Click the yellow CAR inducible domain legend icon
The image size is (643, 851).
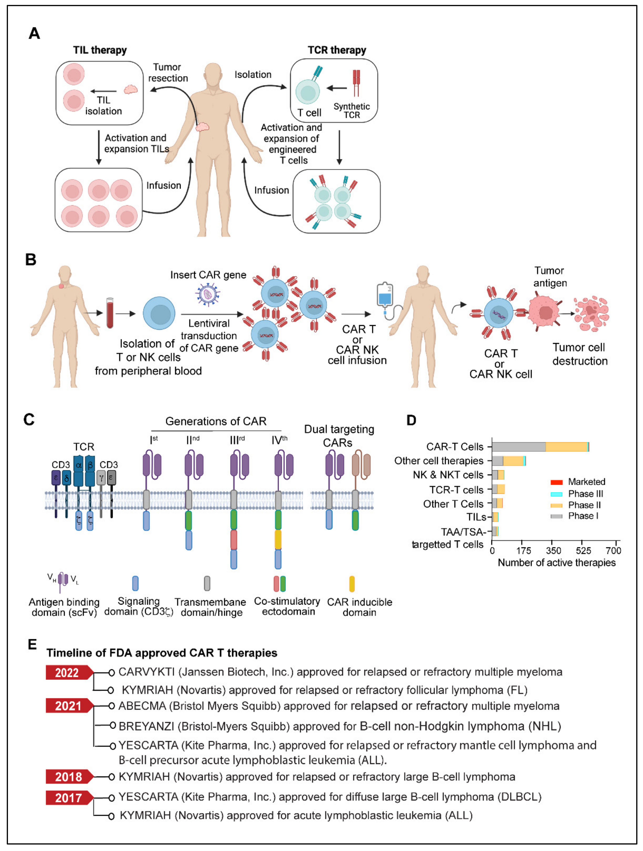(x=352, y=584)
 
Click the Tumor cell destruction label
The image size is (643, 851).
(x=580, y=354)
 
